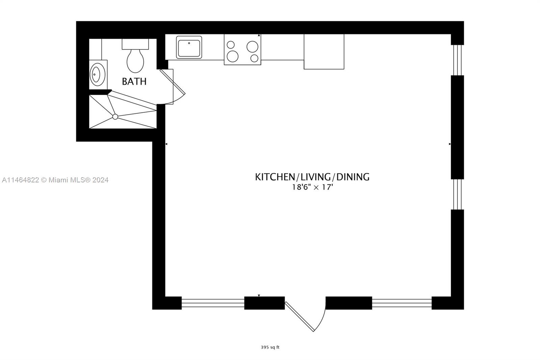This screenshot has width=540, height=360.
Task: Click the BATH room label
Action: pos(134,81)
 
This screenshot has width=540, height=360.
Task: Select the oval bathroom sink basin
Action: pos(96,75)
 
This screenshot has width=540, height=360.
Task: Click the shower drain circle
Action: pos(115,117)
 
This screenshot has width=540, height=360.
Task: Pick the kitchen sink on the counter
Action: pos(189,48)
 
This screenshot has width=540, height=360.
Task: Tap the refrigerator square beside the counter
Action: pos(324,51)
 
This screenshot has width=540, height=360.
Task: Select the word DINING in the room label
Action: pos(353,177)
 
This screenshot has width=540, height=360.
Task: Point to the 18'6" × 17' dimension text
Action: pos(313,187)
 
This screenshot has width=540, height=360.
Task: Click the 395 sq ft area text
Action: pos(270,347)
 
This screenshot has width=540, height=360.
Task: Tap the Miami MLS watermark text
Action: pos(55,180)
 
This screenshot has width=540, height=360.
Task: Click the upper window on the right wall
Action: pos(457,60)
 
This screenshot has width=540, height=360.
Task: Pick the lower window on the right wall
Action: pos(457,194)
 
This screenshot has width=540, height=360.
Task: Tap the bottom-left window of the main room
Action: pos(213,303)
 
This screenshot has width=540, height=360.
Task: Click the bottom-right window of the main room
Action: pos(402,303)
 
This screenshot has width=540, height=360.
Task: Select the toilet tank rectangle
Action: pos(135,44)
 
